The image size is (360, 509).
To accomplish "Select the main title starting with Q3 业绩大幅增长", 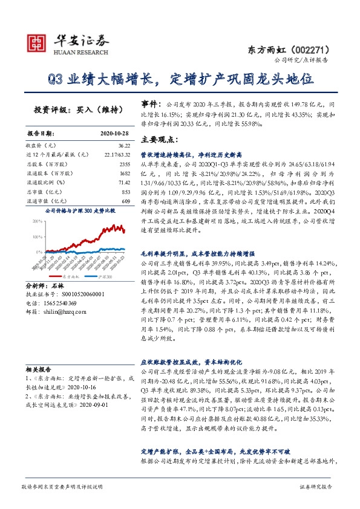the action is pos(180,79).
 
